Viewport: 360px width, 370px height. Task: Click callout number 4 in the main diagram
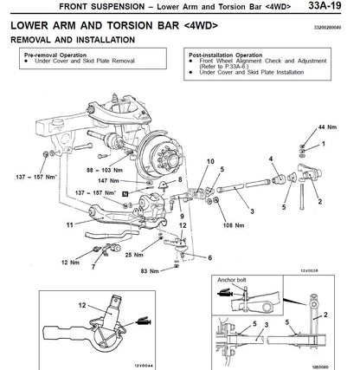click(270, 159)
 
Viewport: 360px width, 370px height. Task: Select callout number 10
click(209, 162)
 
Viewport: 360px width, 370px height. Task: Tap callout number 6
click(209, 257)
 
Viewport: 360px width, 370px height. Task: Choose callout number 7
click(93, 269)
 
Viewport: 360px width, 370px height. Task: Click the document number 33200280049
click(333, 27)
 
